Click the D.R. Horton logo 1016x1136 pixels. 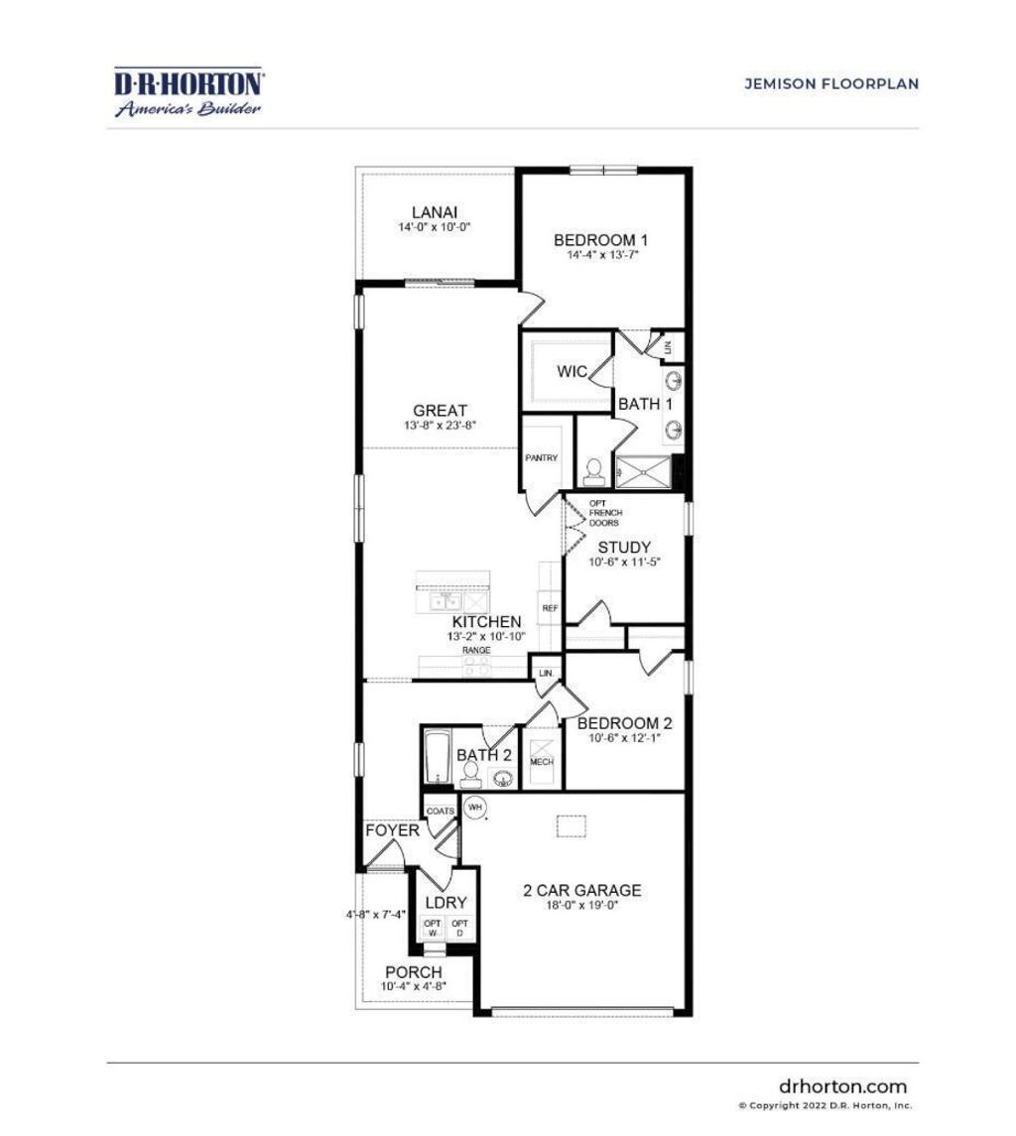pos(189,92)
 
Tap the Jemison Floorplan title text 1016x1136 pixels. pos(831,84)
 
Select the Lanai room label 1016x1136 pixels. pos(435,211)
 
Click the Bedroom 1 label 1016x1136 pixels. pos(600,240)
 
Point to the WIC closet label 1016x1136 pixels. pos(571,372)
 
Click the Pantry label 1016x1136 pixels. pos(542,458)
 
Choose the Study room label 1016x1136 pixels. pos(624,548)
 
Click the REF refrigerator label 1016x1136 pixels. pos(549,607)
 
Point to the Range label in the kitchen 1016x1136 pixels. pos(475,650)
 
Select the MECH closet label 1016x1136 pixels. pos(541,762)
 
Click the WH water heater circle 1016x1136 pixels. pos(475,808)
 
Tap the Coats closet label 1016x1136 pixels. pos(440,812)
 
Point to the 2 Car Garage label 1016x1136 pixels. pos(581,890)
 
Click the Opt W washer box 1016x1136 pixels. pos(432,929)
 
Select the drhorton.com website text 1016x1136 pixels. pos(842,1086)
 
